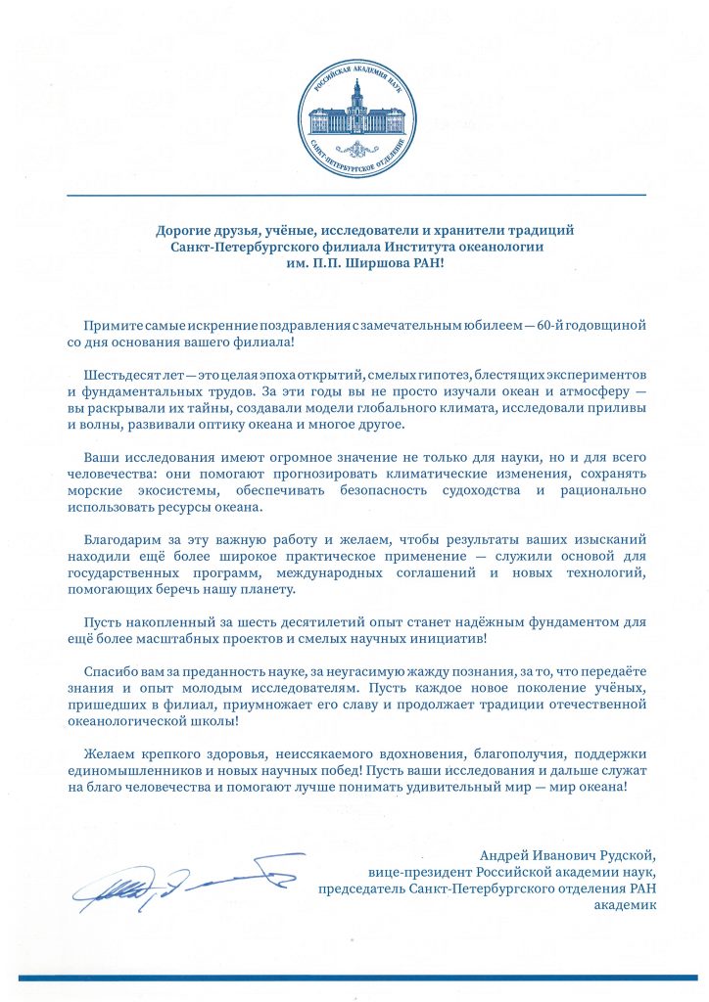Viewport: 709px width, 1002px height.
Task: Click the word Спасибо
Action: click(111, 676)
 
